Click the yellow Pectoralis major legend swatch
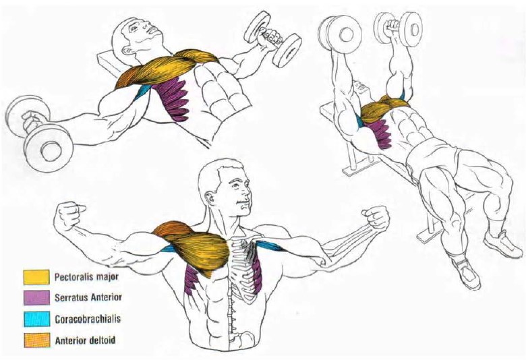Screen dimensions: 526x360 (x=36, y=277)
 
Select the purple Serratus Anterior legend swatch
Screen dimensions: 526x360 (x=36, y=297)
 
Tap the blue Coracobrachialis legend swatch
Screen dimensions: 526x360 (x=36, y=319)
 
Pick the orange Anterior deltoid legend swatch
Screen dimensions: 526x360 (x=36, y=340)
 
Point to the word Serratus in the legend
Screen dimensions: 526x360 (x=71, y=297)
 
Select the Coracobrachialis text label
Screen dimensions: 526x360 (x=88, y=319)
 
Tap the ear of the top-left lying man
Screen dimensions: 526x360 (x=127, y=51)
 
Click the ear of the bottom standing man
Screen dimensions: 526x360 (x=210, y=198)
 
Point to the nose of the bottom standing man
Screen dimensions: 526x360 (x=247, y=193)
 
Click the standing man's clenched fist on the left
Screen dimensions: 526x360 (x=69, y=215)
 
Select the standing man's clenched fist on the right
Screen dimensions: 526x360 (x=376, y=216)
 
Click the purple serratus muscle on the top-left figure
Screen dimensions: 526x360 (x=172, y=98)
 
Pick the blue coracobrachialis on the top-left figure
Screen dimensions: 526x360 (x=142, y=92)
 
